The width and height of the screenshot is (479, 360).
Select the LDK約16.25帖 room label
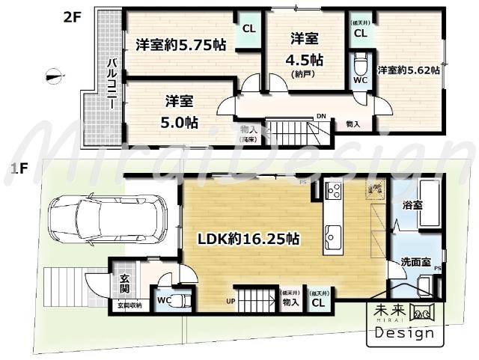tap(248, 240)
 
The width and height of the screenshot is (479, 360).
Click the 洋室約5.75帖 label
tap(180, 45)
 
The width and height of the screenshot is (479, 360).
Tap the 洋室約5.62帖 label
tap(408, 70)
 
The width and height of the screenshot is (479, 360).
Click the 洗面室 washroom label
tap(415, 263)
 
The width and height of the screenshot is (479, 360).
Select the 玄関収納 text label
tap(127, 305)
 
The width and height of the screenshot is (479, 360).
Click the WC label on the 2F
tap(359, 79)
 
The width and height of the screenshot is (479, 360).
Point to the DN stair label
tap(321, 117)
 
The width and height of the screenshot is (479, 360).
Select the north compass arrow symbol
tap(52, 73)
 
